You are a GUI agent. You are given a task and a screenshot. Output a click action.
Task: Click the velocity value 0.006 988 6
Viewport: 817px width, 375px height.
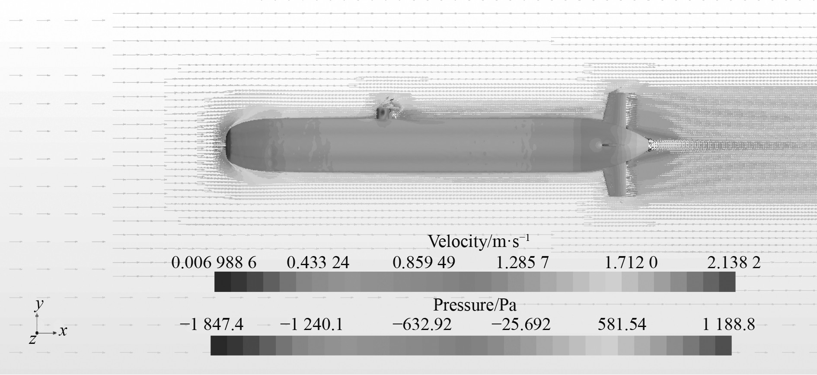pyautogui.click(x=214, y=263)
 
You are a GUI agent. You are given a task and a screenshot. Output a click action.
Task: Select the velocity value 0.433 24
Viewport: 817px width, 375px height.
pyautogui.click(x=318, y=263)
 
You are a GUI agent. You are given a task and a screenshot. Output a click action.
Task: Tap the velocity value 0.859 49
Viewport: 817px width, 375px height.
pyautogui.click(x=424, y=263)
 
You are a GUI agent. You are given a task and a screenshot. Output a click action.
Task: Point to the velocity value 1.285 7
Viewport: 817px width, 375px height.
pyautogui.click(x=522, y=263)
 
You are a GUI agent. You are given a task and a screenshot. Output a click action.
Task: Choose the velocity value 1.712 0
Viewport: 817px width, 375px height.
pyautogui.click(x=631, y=263)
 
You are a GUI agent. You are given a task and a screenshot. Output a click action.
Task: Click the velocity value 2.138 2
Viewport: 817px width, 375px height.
pyautogui.click(x=734, y=263)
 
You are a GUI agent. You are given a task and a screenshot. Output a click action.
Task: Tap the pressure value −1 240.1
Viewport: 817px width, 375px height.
pyautogui.click(x=311, y=324)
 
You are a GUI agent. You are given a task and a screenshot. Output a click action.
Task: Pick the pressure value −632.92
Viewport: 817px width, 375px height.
pyautogui.click(x=421, y=324)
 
